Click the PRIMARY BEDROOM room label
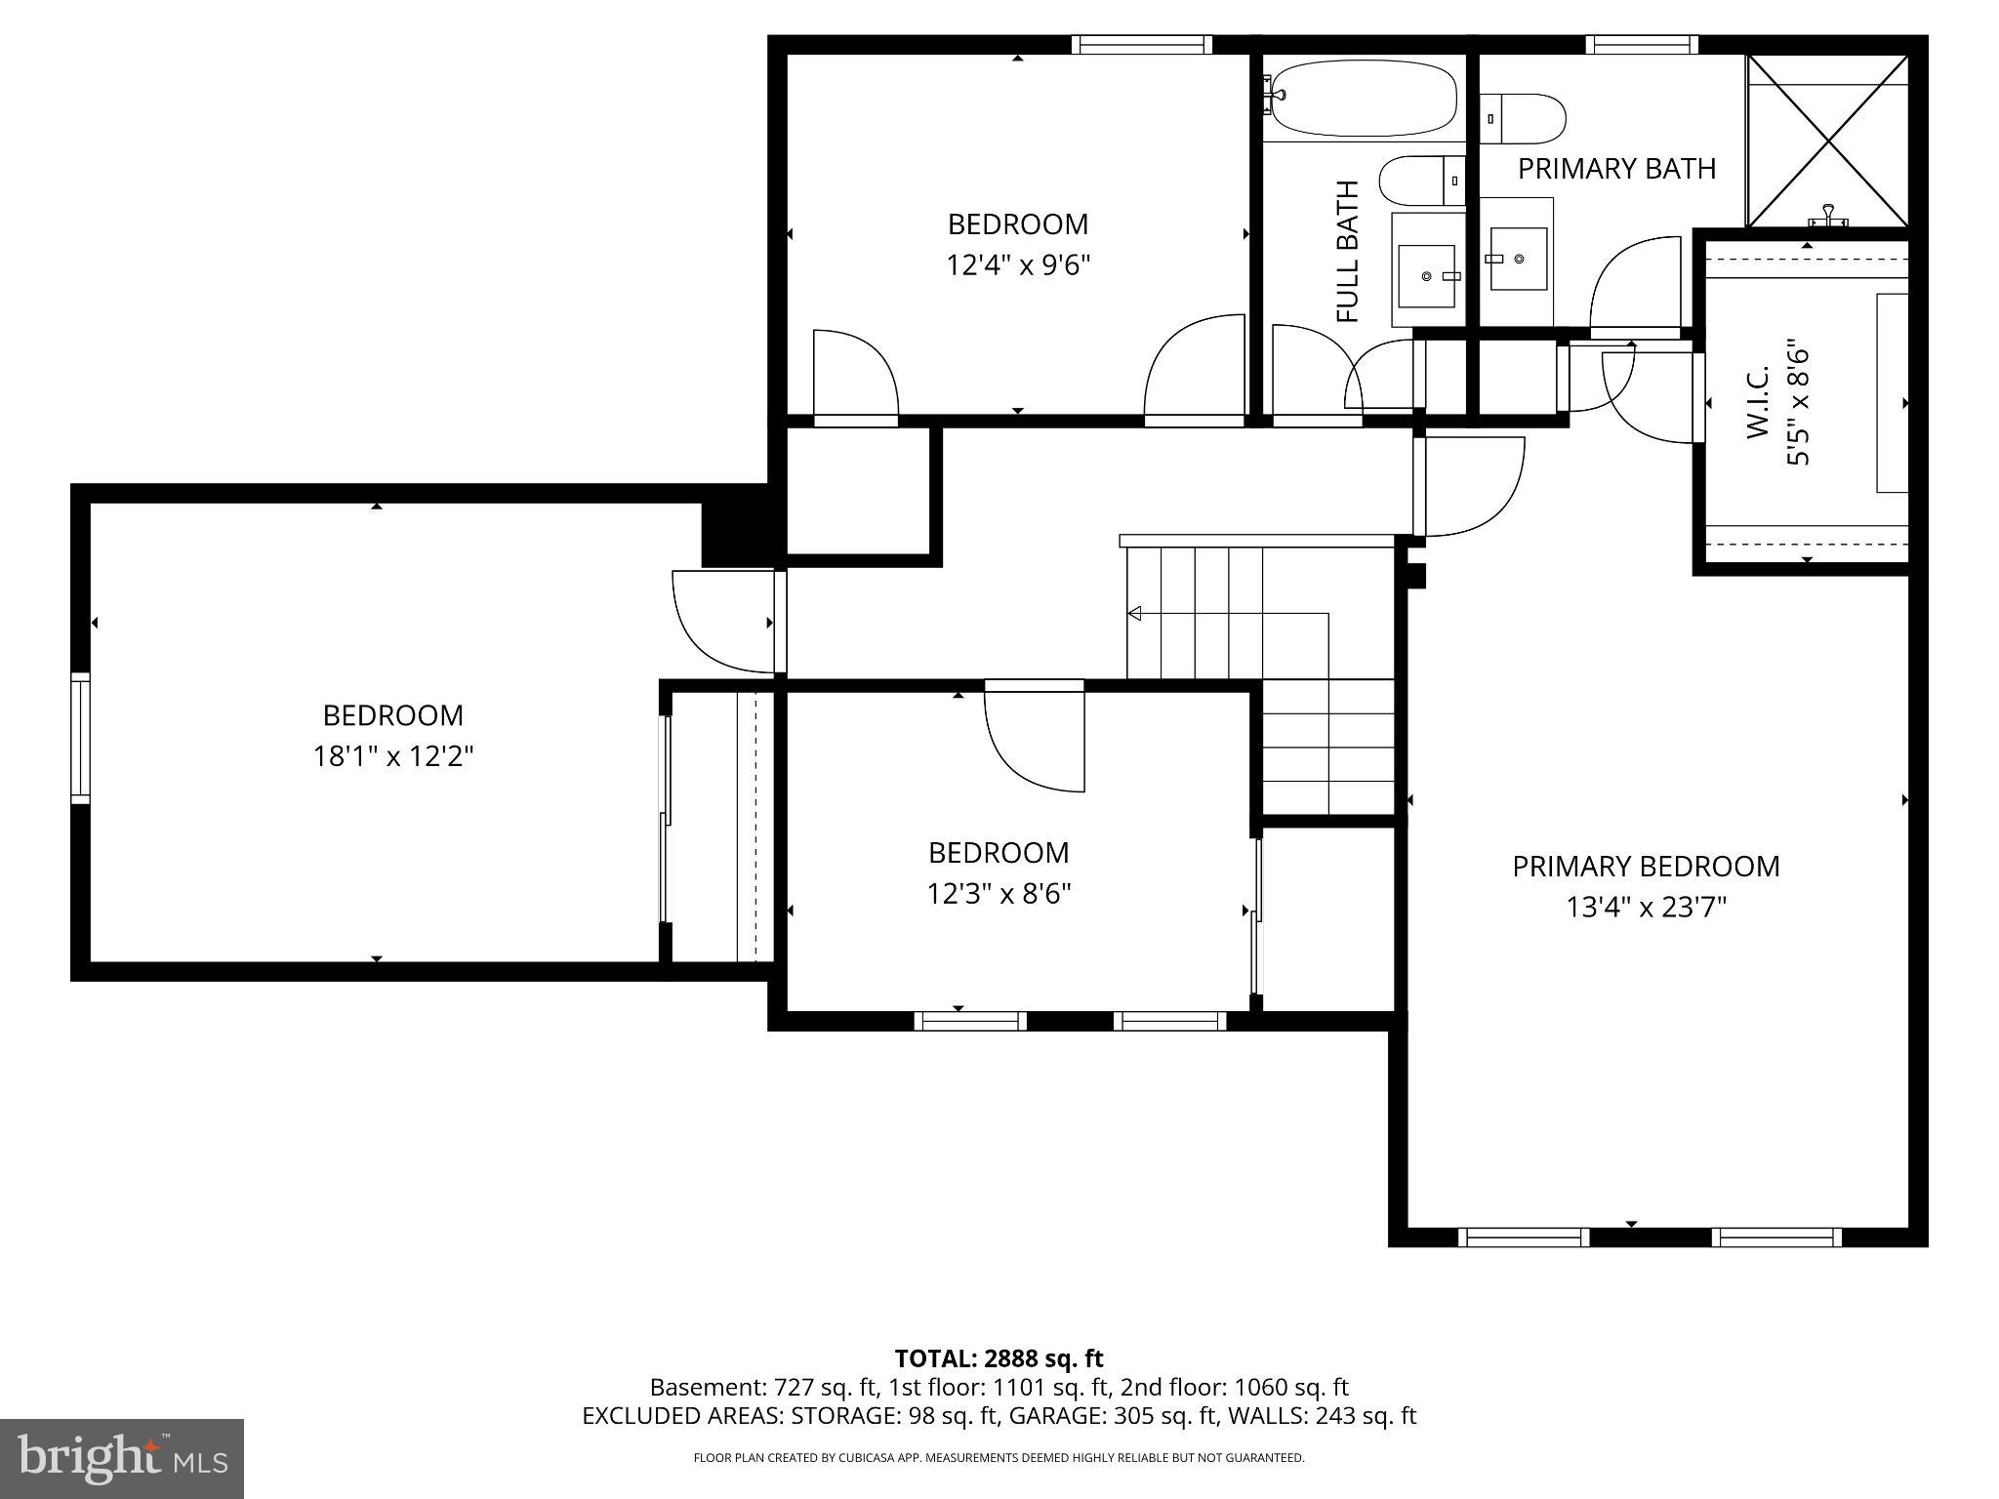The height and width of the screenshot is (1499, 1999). pyautogui.click(x=1646, y=867)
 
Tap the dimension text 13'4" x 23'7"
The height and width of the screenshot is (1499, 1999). pyautogui.click(x=1646, y=909)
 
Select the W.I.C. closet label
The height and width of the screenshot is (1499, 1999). pyautogui.click(x=1758, y=402)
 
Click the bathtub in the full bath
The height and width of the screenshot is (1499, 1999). pyautogui.click(x=1363, y=99)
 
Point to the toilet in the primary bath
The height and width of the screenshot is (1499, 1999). pyautogui.click(x=1522, y=118)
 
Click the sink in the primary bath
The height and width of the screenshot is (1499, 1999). pyautogui.click(x=1519, y=259)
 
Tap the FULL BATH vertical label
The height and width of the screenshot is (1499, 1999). pyautogui.click(x=1347, y=252)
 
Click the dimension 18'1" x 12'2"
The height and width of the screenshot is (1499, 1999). pyautogui.click(x=392, y=756)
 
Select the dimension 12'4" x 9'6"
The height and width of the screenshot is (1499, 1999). pyautogui.click(x=1017, y=265)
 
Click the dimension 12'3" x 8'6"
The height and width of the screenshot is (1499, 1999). pyautogui.click(x=999, y=894)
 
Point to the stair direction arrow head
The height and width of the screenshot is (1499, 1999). pyautogui.click(x=1134, y=614)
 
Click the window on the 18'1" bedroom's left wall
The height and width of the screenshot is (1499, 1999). pyautogui.click(x=80, y=738)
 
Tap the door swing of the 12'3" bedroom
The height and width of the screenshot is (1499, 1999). pyautogui.click(x=1035, y=742)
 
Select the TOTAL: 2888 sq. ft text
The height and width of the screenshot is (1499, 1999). pyautogui.click(x=999, y=1358)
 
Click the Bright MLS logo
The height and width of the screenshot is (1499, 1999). pyautogui.click(x=121, y=1459)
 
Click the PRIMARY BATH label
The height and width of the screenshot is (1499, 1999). pyautogui.click(x=1616, y=169)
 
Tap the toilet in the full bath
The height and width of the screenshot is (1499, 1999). pyautogui.click(x=1421, y=181)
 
